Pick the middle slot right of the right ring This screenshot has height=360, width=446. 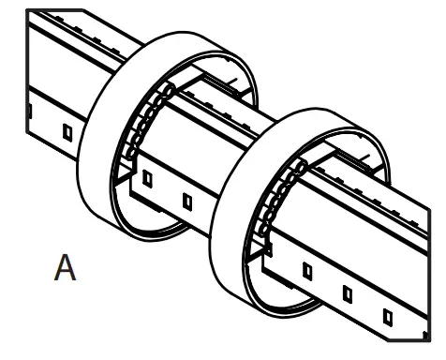click(x=347, y=292)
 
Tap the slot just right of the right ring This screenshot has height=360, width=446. click(x=306, y=272)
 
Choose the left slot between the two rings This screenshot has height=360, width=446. click(x=146, y=178)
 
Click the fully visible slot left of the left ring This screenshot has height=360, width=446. click(x=66, y=132)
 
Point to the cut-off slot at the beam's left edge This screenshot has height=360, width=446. click(x=28, y=111)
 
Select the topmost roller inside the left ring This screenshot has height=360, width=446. click(x=171, y=89)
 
